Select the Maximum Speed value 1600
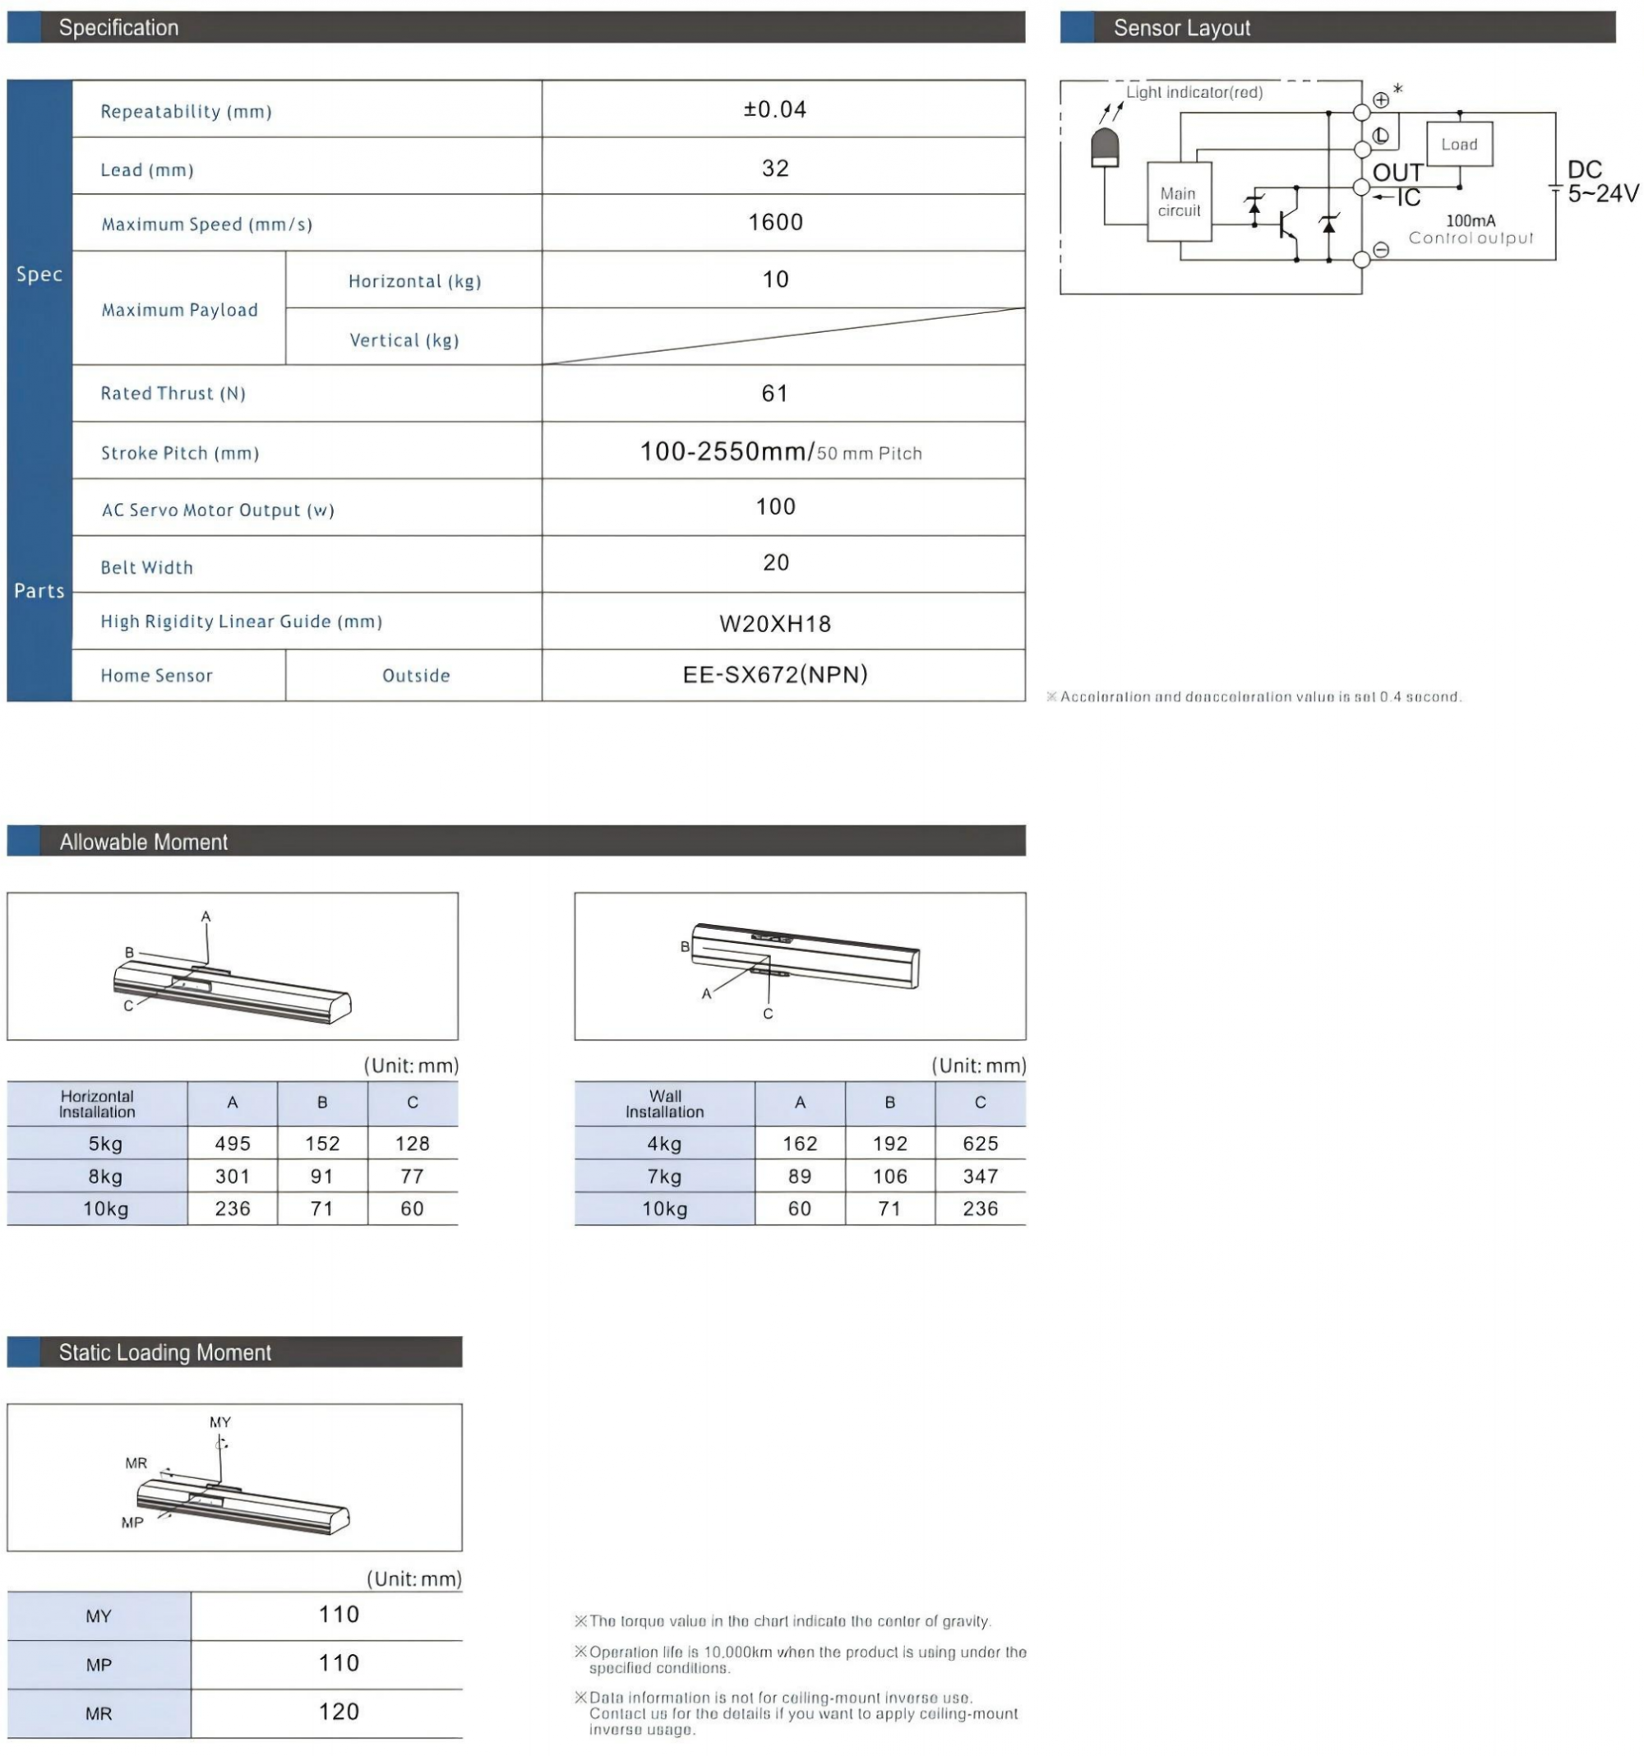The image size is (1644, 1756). point(775,222)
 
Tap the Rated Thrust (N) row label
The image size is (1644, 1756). point(173,393)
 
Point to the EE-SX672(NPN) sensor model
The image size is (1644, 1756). point(775,675)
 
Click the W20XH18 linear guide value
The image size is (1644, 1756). point(775,624)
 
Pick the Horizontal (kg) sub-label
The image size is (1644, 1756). point(414,281)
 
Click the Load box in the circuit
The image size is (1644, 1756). point(1458,144)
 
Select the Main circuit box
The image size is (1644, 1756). point(1179,201)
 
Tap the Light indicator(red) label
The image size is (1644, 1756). point(1194,92)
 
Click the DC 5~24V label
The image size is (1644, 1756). point(1601,181)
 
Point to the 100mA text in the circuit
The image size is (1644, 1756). point(1470,220)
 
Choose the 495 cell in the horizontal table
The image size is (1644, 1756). point(233,1143)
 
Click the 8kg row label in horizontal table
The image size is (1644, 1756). point(105,1176)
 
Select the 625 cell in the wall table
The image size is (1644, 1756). point(980,1143)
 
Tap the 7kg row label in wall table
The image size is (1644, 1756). point(664,1176)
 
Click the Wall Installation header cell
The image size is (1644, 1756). point(664,1103)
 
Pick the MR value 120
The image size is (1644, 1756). point(339,1711)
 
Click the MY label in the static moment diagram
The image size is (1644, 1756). point(220,1421)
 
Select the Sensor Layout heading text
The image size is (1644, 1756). point(1181,28)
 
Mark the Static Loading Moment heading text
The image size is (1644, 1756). point(165,1352)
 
